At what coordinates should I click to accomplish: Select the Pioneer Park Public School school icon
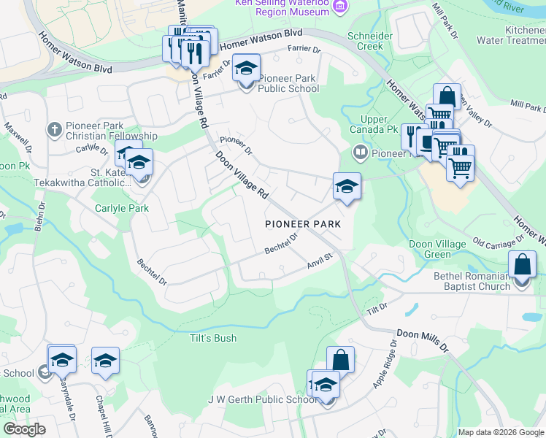click(x=247, y=69)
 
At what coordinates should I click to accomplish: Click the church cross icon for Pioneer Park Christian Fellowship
click(x=53, y=130)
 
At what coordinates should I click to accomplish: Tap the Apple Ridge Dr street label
click(x=385, y=363)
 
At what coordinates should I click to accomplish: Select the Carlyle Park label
click(x=121, y=208)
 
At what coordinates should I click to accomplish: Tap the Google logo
click(x=25, y=429)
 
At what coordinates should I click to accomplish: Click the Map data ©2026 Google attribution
click(x=500, y=432)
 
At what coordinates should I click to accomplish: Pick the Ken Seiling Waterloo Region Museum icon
click(x=339, y=7)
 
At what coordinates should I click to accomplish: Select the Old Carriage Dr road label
click(x=499, y=240)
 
